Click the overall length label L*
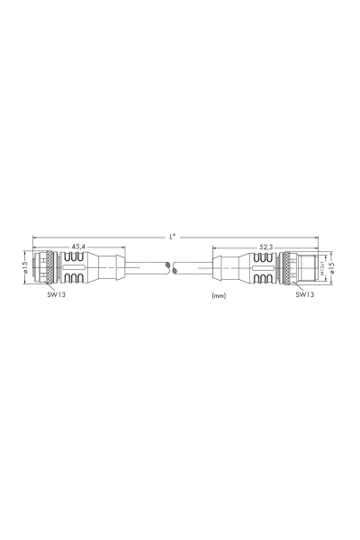pos(172,236)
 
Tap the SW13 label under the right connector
pos(305,293)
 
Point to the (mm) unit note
pos(218,294)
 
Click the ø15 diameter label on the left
pos(25,267)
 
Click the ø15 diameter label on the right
pos(334,267)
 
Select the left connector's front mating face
pos(35,267)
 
